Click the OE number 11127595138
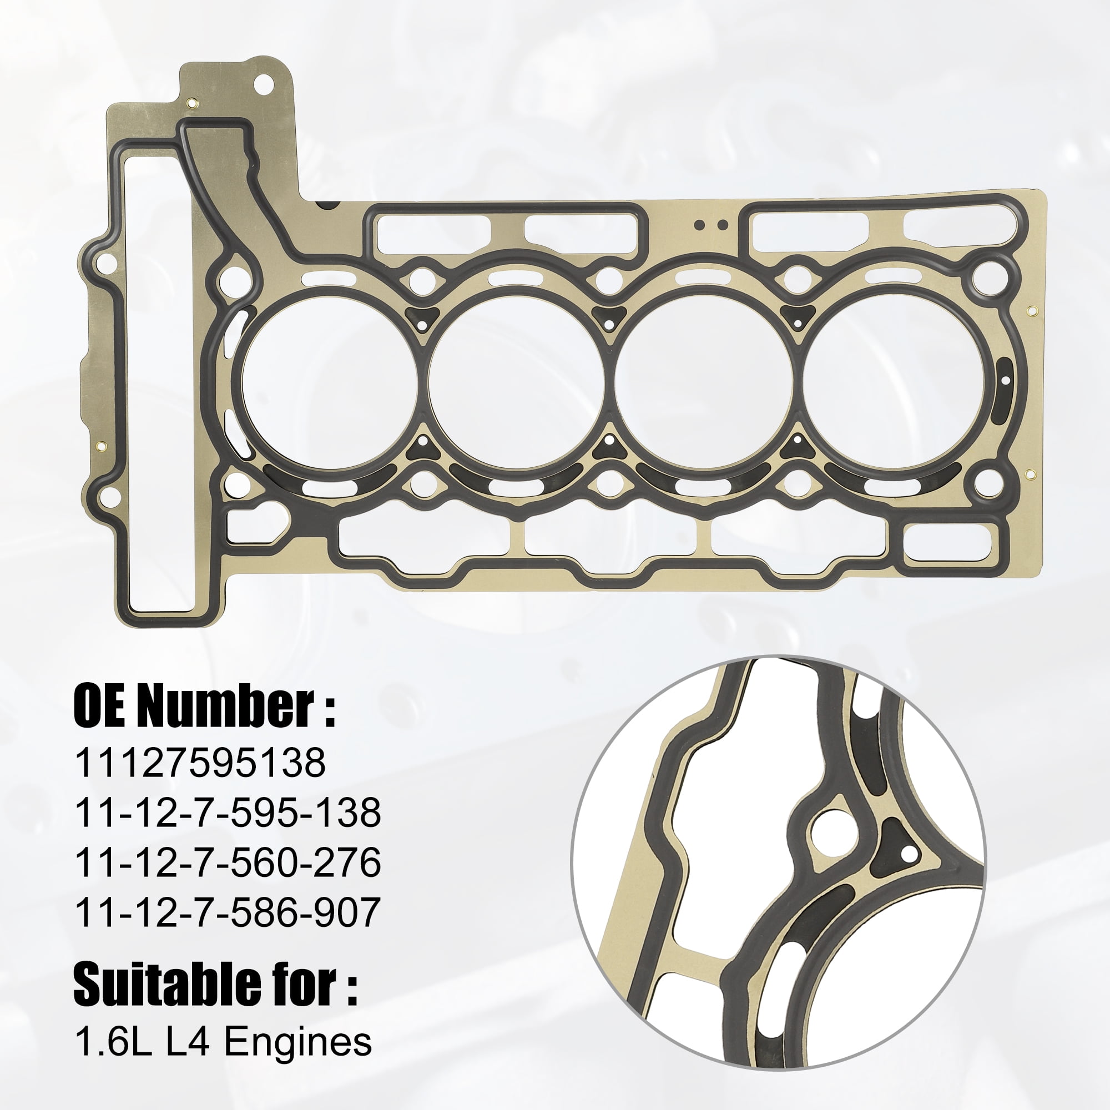[200, 763]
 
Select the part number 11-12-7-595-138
[228, 813]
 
